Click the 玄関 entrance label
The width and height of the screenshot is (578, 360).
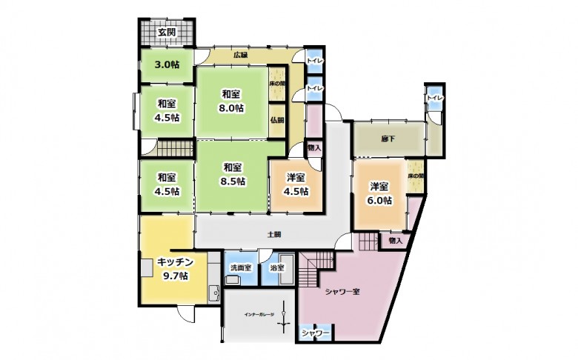coord(166,32)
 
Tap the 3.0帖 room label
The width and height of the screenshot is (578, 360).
coord(166,64)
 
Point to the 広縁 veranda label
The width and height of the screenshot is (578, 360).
coord(240,55)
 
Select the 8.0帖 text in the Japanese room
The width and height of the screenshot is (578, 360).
coord(230,107)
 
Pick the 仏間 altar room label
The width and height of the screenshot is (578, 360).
coord(276,120)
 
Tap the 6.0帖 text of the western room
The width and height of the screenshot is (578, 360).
coord(379,200)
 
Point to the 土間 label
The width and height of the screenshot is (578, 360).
coord(273,235)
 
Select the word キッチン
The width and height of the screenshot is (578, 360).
coord(175,261)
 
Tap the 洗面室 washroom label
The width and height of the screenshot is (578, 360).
coord(240,267)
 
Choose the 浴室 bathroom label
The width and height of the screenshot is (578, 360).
coord(278,267)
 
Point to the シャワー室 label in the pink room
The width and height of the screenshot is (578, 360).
coord(342,291)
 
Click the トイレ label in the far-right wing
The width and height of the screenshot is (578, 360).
coord(433,97)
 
